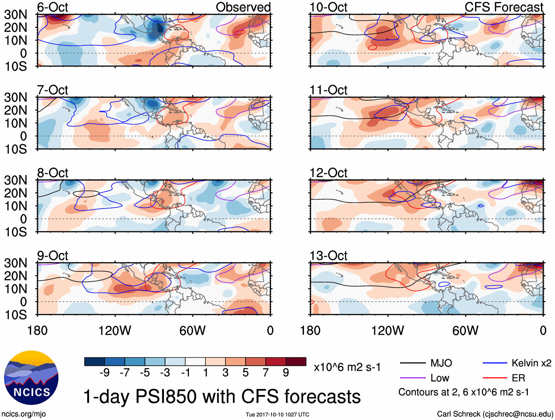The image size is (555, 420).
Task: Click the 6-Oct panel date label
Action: click(53, 7)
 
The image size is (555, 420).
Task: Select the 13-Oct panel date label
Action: click(328, 255)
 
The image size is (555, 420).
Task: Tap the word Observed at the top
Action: click(243, 7)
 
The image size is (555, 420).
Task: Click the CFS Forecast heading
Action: click(504, 7)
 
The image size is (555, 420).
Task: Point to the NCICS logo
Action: click(31, 378)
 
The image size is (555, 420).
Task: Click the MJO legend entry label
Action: click(441, 363)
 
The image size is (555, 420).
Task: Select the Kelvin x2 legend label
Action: click(531, 363)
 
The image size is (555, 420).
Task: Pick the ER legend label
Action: click(518, 378)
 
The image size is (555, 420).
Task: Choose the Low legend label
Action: click(440, 378)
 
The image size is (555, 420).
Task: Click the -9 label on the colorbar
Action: click(104, 373)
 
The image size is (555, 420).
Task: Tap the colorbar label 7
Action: click(266, 373)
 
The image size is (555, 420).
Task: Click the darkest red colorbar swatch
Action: click(296, 362)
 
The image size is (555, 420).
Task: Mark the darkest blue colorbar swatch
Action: click(94, 362)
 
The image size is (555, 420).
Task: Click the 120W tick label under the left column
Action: click(115, 331)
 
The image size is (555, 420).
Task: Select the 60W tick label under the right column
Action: click(465, 331)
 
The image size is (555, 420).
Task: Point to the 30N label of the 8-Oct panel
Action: click(15, 180)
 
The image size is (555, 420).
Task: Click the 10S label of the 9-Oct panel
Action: click(15, 315)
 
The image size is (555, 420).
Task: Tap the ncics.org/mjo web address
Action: click(24, 414)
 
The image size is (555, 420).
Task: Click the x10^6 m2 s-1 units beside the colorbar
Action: click(347, 367)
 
